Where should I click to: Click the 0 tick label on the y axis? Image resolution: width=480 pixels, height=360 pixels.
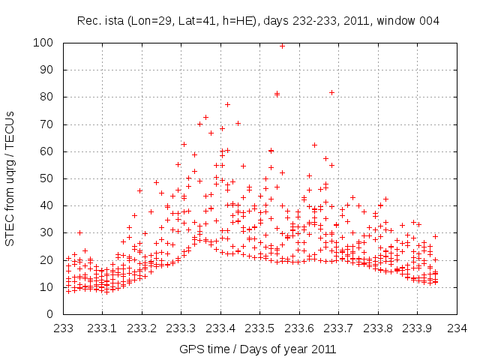click(53, 314)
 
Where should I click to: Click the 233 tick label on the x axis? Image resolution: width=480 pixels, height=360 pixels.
click(64, 328)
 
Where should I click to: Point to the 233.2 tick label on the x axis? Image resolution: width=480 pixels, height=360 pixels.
click(142, 328)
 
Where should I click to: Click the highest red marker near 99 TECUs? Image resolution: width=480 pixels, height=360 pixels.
click(282, 46)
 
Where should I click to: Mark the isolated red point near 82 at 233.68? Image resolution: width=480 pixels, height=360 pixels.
click(331, 92)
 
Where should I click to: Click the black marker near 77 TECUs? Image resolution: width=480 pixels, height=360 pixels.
click(227, 104)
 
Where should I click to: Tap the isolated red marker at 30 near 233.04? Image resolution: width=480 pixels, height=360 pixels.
click(79, 232)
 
